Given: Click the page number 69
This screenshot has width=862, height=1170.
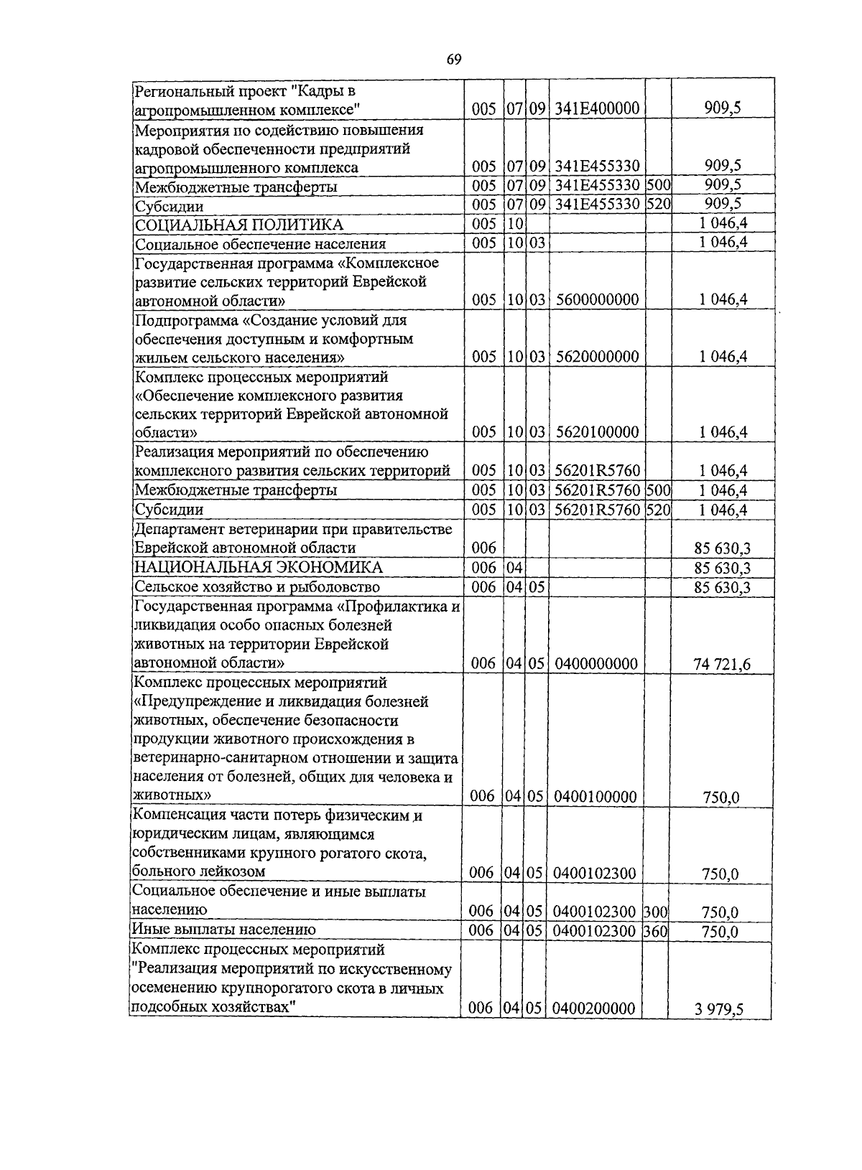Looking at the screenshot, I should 453,60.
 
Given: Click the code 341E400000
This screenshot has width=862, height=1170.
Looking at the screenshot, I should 597,109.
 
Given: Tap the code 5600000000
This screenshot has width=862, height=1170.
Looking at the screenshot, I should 597,300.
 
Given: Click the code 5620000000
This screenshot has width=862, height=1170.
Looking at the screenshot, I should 597,357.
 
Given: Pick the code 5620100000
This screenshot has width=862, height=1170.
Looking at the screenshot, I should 597,432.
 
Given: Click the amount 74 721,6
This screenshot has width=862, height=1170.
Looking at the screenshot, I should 722,665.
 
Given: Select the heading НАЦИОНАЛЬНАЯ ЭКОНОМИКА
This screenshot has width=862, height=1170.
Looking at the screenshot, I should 259,568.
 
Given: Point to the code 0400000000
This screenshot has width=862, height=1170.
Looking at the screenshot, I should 596,664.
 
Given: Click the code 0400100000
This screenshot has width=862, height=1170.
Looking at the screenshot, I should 595,797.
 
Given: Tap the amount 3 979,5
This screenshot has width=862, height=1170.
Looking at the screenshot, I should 718,1010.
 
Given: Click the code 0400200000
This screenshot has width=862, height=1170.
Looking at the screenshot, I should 595,1009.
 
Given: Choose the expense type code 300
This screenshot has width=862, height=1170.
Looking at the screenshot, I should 655,912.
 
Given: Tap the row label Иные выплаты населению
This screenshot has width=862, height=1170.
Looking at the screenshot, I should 224,930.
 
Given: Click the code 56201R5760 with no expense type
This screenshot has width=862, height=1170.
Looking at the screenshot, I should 597,471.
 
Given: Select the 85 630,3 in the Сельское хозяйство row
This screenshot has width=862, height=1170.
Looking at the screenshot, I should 722,588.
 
